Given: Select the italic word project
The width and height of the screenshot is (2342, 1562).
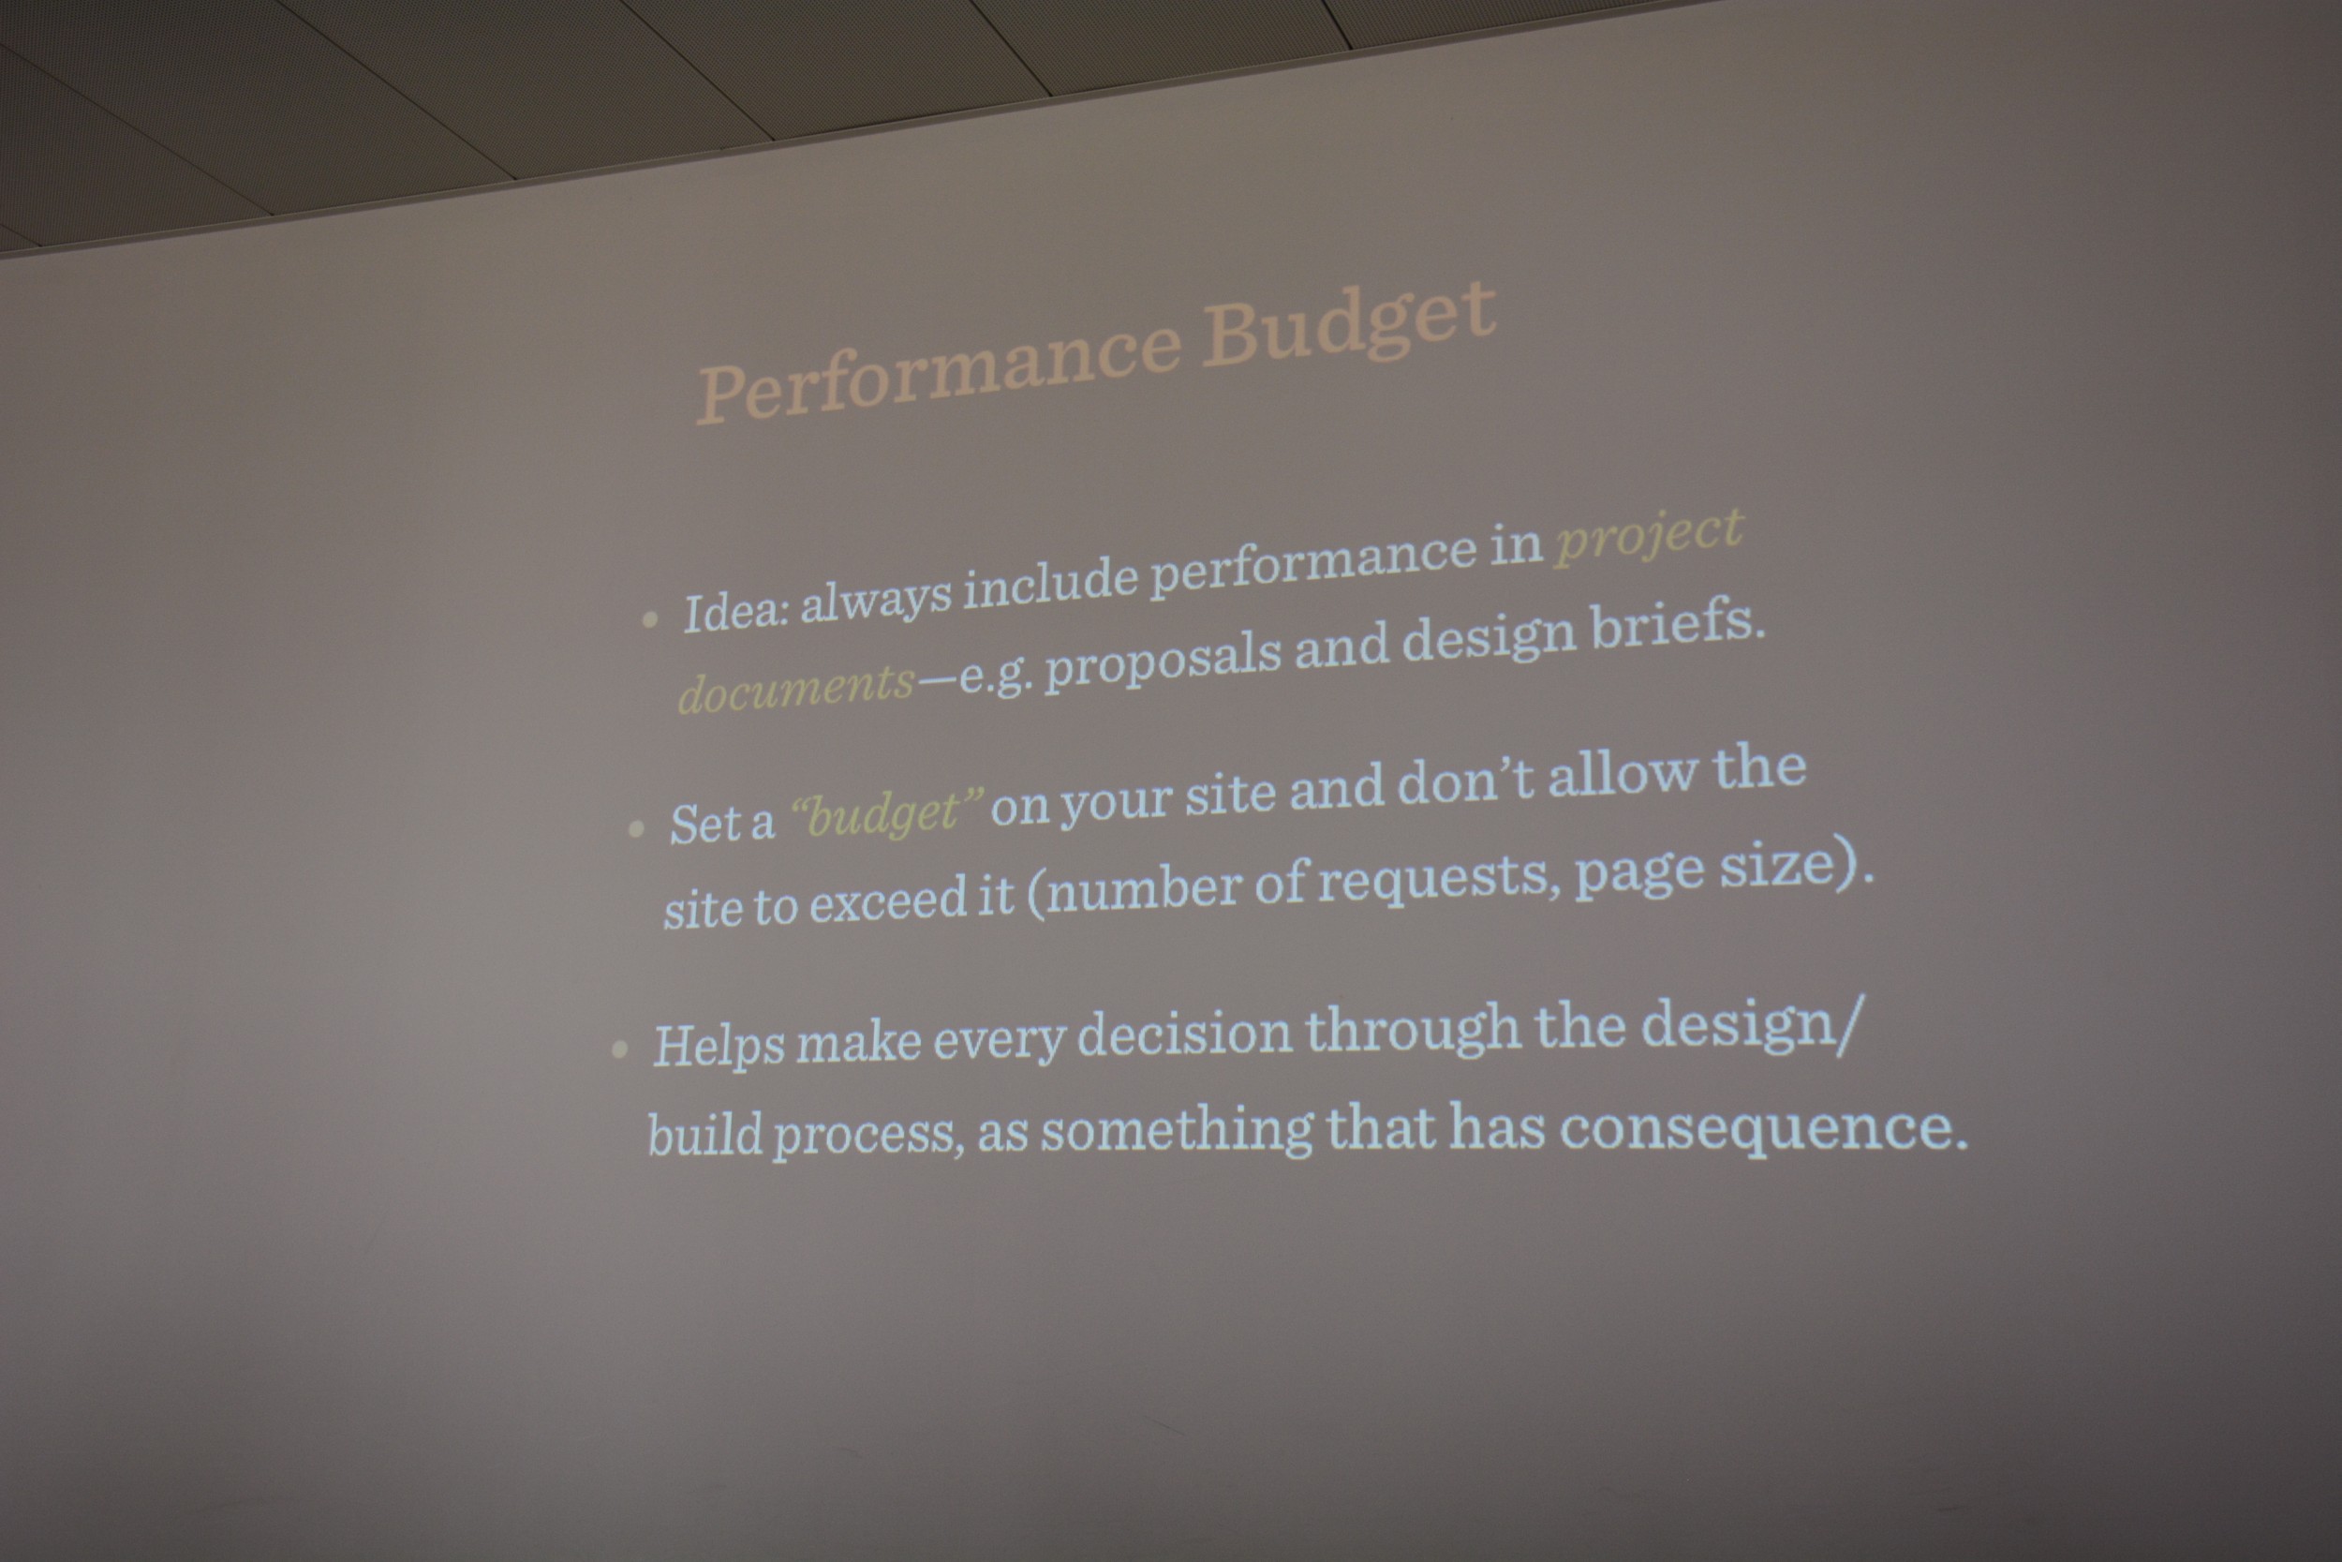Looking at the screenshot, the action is (x=1650, y=536).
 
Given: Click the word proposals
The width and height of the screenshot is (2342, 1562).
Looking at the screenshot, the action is (x=1163, y=660).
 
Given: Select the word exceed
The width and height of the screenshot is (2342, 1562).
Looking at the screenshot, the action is (x=885, y=901).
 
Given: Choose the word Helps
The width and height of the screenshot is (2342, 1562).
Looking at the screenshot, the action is (x=719, y=1045).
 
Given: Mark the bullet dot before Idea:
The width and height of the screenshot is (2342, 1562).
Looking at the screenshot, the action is (x=650, y=619).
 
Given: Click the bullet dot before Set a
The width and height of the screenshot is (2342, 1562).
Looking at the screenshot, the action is (x=636, y=829).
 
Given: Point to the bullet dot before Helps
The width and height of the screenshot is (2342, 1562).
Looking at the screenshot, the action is (x=620, y=1049).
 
